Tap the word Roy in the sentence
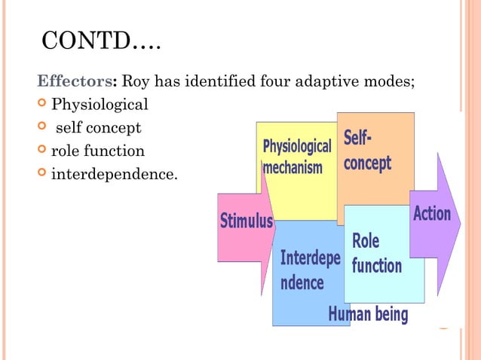click(136, 80)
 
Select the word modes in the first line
click(391, 80)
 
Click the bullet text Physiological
click(100, 103)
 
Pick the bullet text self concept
click(98, 127)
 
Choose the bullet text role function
click(97, 151)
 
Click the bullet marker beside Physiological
click(42, 103)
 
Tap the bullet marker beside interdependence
click(42, 175)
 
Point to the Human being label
click(368, 314)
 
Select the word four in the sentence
click(274, 80)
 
